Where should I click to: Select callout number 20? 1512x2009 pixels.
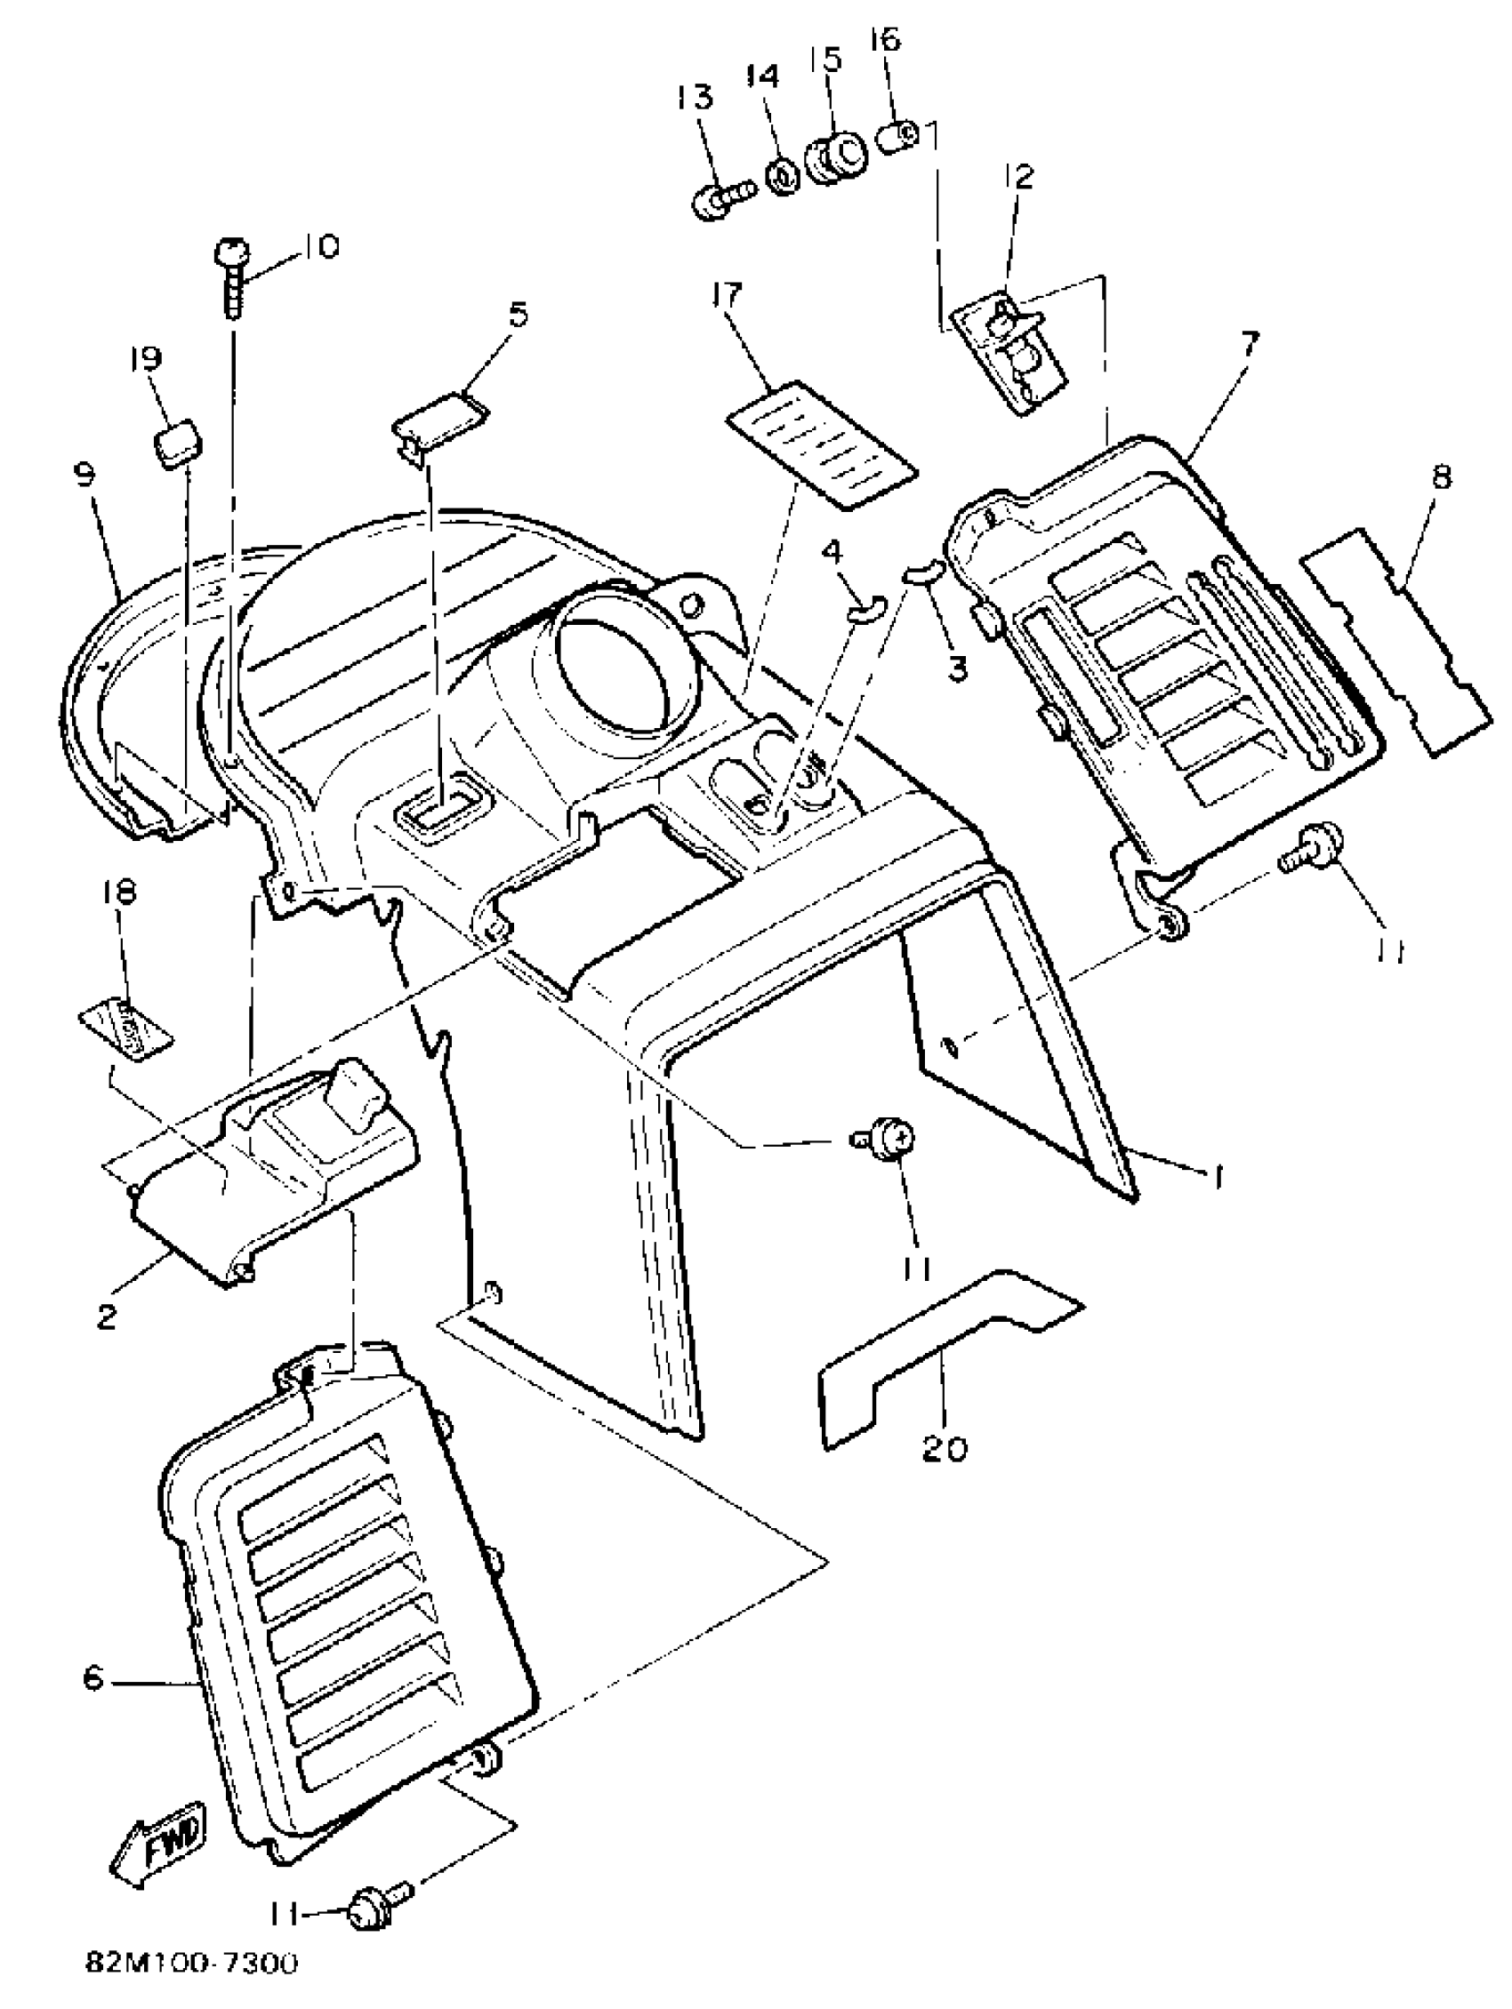pyautogui.click(x=945, y=1448)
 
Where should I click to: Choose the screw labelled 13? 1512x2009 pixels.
pyautogui.click(x=718, y=201)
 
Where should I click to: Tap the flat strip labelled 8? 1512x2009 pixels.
pyautogui.click(x=1395, y=642)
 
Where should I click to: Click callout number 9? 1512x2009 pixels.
pyautogui.click(x=86, y=476)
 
